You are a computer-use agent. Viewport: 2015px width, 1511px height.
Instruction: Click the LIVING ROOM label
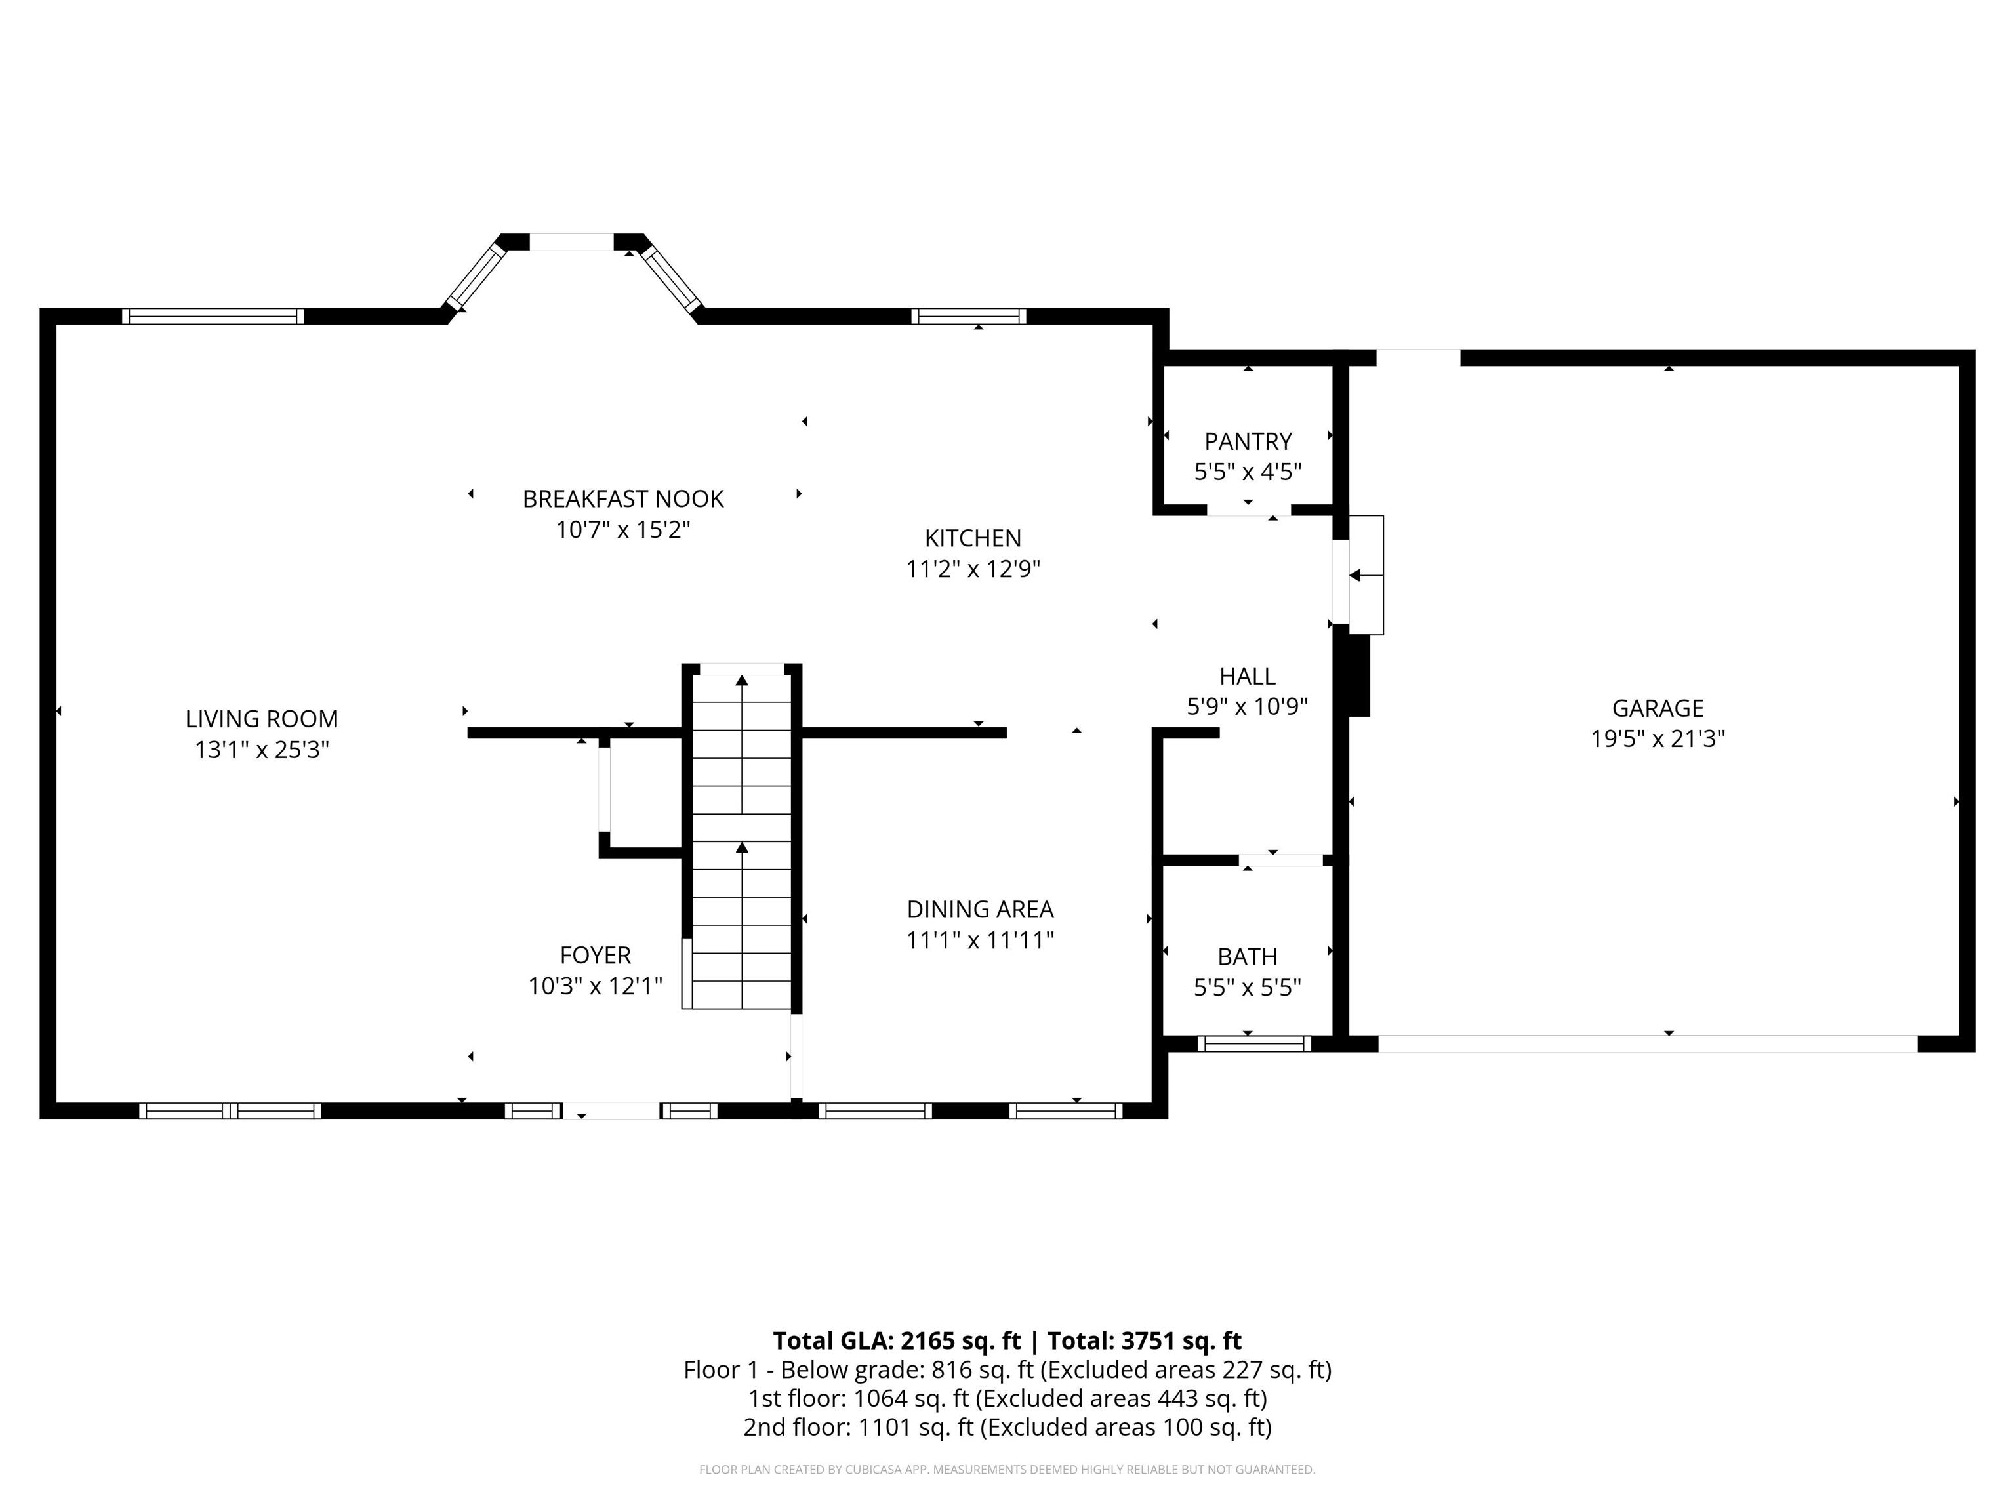point(262,719)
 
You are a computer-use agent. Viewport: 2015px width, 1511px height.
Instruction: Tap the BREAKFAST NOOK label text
point(623,499)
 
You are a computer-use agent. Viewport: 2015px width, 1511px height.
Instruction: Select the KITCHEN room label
point(973,538)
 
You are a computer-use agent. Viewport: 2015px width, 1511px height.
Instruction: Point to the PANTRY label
point(1248,442)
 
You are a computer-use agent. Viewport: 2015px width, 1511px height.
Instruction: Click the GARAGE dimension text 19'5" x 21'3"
point(1658,738)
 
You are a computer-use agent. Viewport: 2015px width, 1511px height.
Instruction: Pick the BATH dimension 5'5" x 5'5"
point(1248,987)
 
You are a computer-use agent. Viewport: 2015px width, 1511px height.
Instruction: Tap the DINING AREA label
point(980,909)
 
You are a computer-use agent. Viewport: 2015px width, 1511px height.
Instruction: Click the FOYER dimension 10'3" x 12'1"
point(596,986)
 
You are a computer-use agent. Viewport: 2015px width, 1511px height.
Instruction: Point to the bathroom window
point(1254,1044)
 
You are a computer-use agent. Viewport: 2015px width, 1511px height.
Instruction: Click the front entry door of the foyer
point(612,1111)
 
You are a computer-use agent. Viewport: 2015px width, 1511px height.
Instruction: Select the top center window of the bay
point(572,242)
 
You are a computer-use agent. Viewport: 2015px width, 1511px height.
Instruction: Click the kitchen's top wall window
point(969,316)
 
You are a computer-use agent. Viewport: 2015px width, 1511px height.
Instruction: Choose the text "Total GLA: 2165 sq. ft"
point(897,1340)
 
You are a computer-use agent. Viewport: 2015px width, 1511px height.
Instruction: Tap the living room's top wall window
point(213,316)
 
